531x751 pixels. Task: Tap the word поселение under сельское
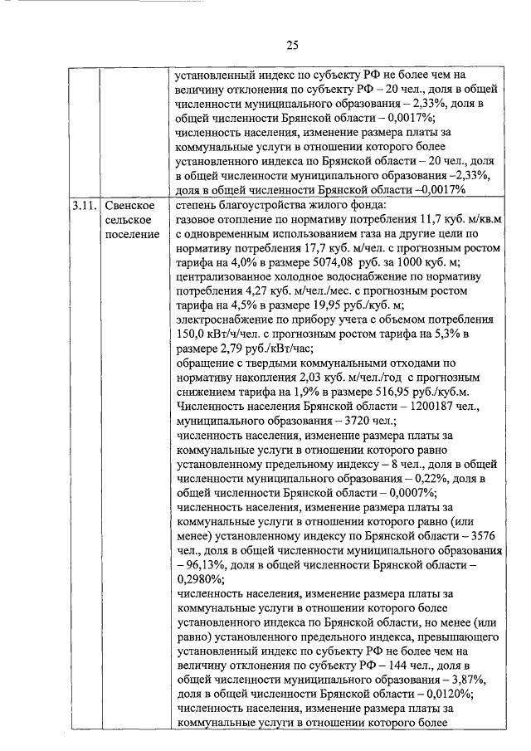[132, 235]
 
